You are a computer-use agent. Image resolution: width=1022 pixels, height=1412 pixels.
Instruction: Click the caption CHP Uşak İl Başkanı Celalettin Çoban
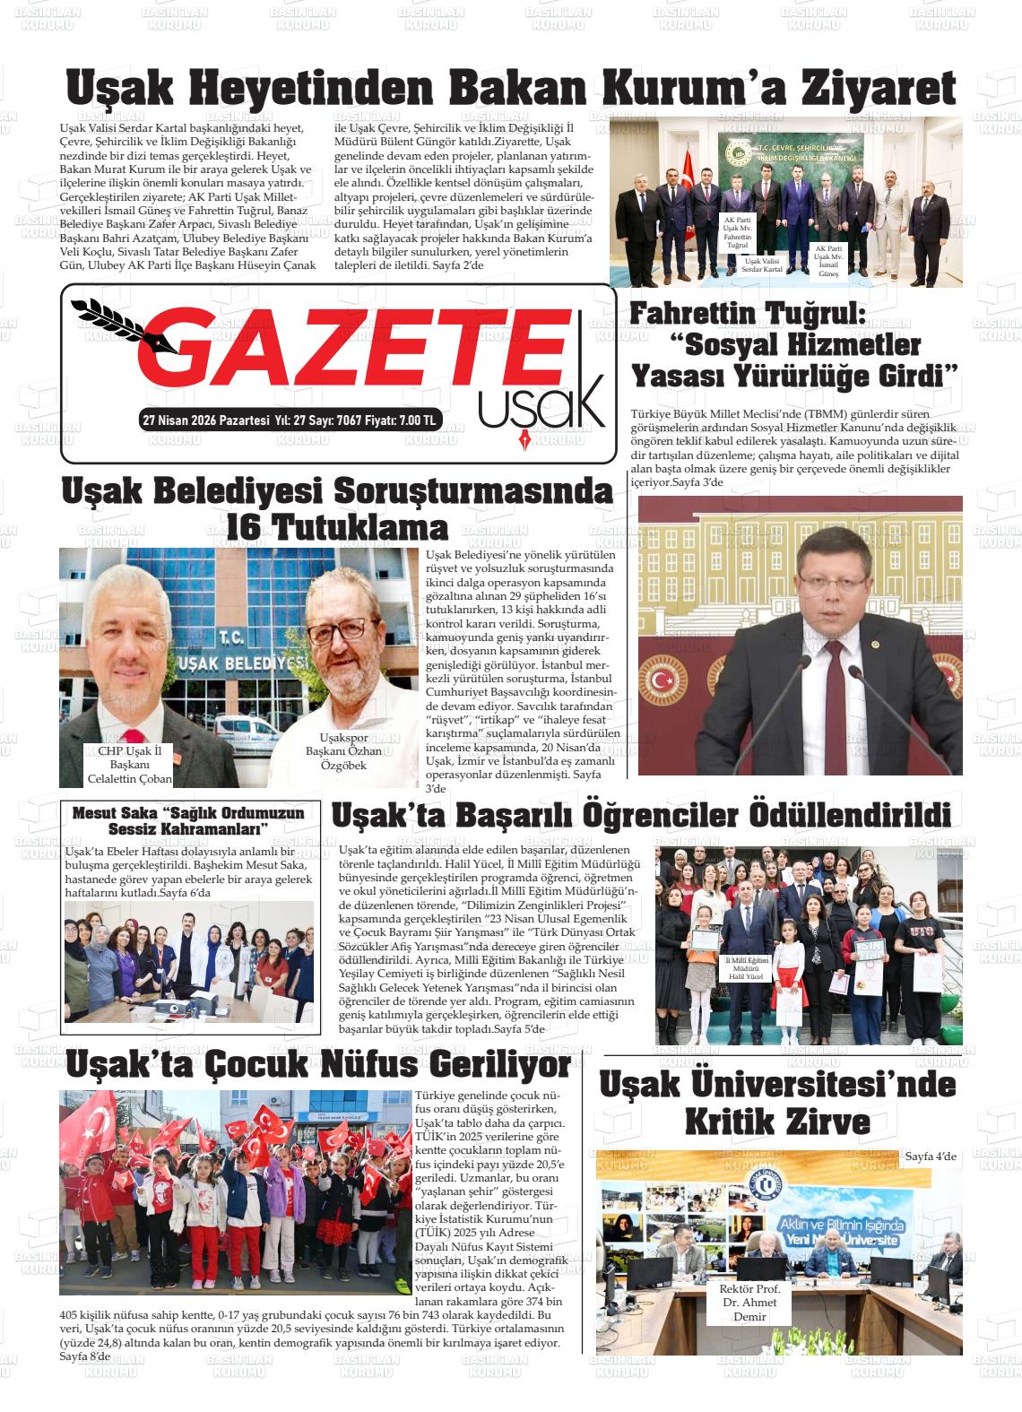tap(128, 765)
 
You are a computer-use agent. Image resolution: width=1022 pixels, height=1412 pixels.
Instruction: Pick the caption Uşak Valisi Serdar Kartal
tap(758, 264)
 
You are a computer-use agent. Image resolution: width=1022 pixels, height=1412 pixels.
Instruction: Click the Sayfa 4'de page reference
tap(931, 1156)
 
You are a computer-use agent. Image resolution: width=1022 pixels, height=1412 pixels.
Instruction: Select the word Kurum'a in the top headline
tap(661, 90)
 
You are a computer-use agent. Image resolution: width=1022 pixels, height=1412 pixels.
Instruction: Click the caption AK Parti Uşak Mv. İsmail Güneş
tap(827, 260)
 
